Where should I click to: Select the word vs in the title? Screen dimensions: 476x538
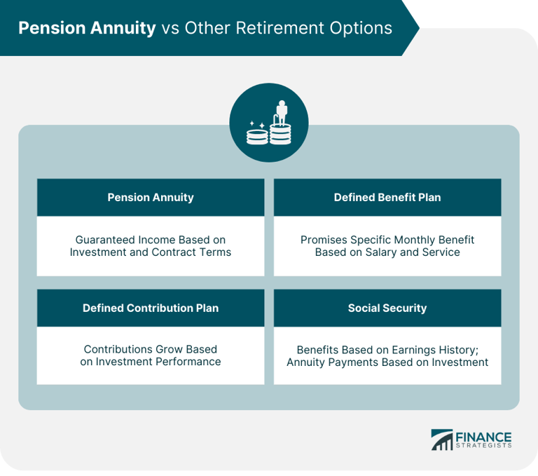pos(170,28)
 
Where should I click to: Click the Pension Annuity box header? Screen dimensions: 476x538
pos(150,198)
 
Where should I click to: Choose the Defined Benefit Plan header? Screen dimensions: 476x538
pos(387,198)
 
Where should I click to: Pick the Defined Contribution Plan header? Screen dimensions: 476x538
pos(150,308)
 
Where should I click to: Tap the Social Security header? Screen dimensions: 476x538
pos(387,308)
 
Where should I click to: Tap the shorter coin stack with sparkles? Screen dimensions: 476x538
pos(256,135)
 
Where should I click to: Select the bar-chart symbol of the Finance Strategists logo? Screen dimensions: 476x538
pos(441,440)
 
